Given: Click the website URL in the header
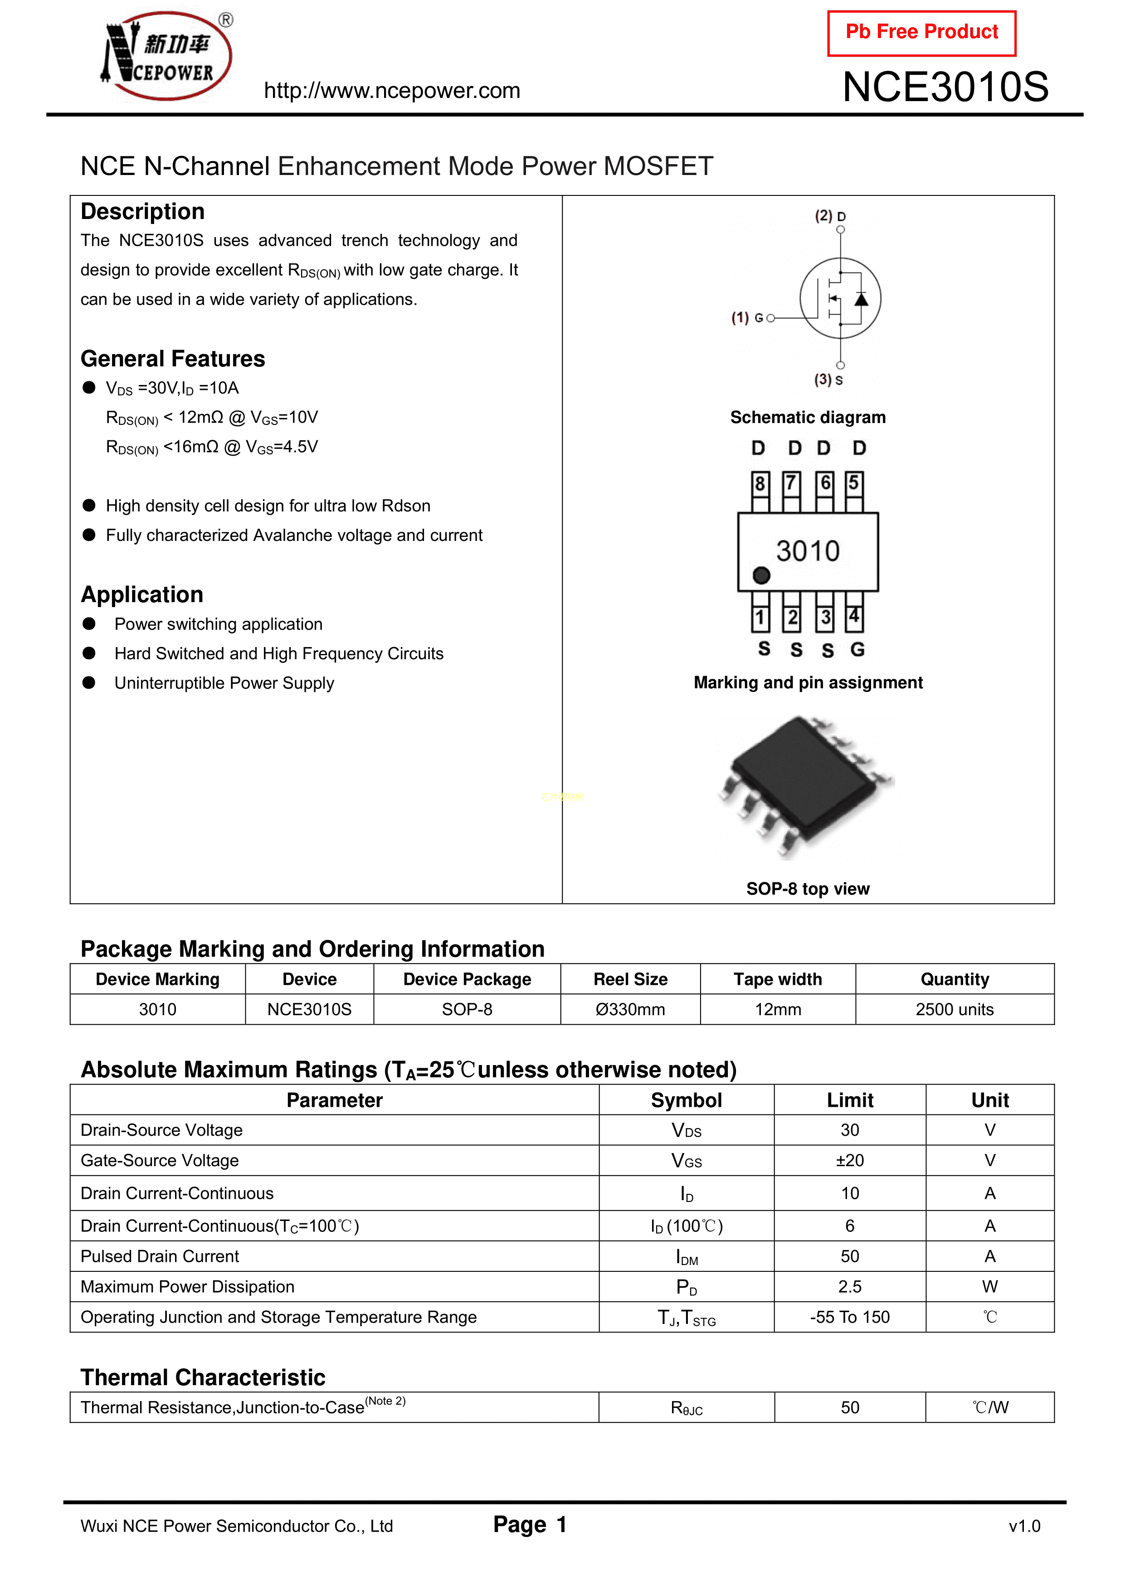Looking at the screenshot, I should point(392,91).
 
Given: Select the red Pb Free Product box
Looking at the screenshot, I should point(921,33).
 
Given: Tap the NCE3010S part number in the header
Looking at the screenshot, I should point(945,88).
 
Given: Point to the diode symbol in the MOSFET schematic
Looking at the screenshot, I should point(861,299).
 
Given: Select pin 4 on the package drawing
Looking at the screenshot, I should point(854,616).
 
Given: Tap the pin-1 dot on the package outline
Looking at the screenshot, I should point(761,575).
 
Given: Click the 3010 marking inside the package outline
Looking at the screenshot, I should point(808,551).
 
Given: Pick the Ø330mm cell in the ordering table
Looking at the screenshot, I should point(630,1010).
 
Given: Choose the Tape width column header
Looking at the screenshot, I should point(778,979).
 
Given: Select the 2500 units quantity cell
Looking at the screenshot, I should point(955,1010).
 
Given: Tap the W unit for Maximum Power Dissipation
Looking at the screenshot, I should point(990,1287).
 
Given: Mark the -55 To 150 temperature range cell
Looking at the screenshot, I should point(850,1317).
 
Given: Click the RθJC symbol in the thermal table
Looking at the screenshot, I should point(686,1408).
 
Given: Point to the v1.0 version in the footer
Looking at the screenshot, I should point(1024,1526).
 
